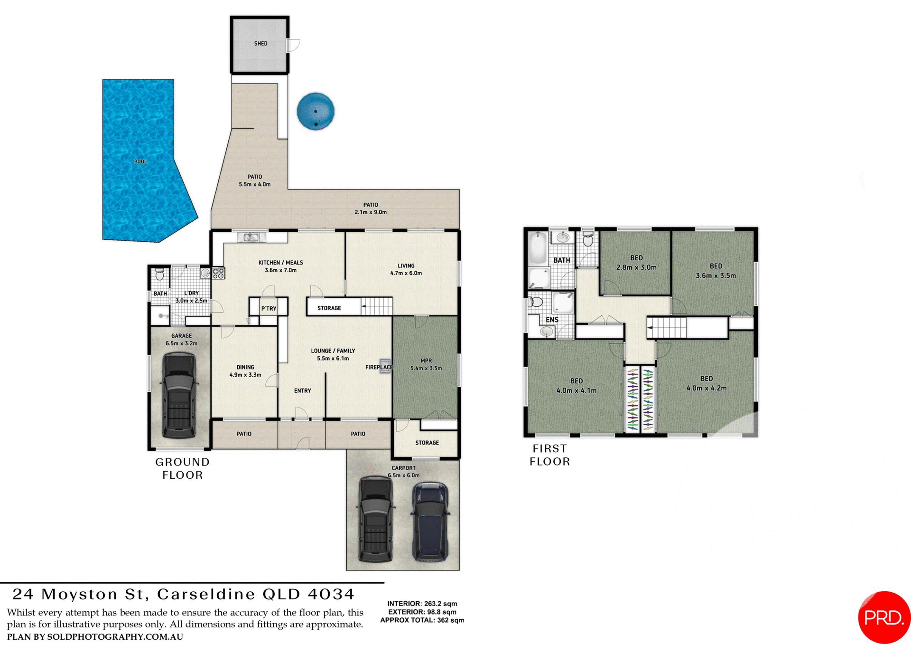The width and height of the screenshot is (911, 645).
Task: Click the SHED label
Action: point(260,43)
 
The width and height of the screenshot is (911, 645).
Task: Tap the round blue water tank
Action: point(316,111)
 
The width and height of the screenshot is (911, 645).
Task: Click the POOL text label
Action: point(140,161)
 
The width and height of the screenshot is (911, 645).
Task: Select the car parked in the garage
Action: point(179,395)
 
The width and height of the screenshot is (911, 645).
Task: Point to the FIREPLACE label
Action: point(379,367)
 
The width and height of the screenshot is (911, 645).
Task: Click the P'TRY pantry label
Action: point(269,308)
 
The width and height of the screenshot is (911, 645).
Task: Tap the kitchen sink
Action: point(251,237)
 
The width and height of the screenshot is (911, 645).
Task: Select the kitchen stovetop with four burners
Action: point(218,273)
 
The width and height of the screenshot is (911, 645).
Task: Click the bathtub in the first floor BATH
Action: point(538,247)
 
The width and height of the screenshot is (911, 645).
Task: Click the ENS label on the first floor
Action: point(552,320)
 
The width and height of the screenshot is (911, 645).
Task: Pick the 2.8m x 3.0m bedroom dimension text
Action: point(636,267)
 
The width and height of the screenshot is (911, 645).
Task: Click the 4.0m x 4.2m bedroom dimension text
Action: point(706,388)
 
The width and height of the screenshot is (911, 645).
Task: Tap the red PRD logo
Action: point(883,617)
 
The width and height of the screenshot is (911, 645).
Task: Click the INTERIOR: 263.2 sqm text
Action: point(422,604)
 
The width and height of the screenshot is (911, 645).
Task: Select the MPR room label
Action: point(426,360)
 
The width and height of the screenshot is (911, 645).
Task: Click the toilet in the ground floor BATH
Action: point(160,275)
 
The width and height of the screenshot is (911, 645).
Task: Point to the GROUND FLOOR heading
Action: point(182,468)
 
